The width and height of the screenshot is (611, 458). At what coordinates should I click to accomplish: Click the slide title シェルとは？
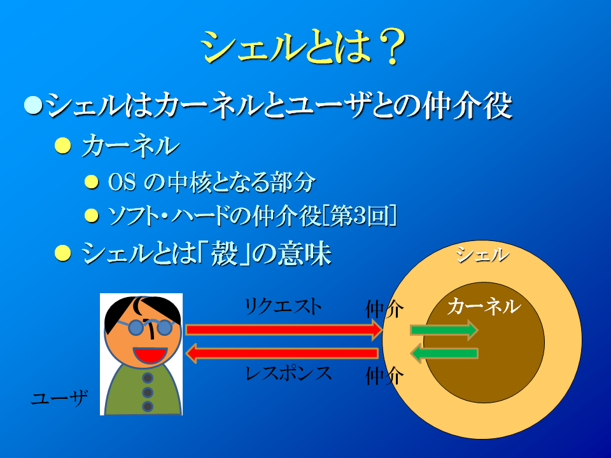(x=303, y=46)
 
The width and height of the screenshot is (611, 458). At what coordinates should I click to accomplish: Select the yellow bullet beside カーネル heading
(x=63, y=146)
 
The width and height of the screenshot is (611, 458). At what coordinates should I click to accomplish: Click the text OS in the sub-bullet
(x=122, y=182)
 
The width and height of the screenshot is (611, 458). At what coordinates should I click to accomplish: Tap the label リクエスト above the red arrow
(x=283, y=307)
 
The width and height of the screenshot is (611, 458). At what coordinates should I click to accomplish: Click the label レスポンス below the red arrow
(x=288, y=373)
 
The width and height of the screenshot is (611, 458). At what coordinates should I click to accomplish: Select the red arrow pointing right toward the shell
(x=284, y=330)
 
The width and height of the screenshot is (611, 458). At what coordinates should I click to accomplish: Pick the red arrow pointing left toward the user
(x=282, y=354)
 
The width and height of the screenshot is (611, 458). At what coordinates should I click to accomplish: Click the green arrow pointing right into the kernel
(x=444, y=330)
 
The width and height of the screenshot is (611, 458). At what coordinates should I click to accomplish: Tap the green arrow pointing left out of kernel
(x=444, y=354)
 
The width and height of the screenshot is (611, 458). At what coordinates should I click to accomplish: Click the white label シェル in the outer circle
(x=482, y=255)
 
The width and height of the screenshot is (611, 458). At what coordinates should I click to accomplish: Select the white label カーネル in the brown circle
(x=484, y=306)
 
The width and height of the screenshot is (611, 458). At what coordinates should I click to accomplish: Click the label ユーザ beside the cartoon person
(x=59, y=398)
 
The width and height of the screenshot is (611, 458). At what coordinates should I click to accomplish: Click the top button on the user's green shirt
(x=148, y=377)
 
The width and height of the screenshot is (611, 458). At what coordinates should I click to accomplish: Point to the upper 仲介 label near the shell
(x=384, y=310)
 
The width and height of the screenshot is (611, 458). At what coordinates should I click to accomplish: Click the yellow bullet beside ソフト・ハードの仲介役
(x=92, y=216)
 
